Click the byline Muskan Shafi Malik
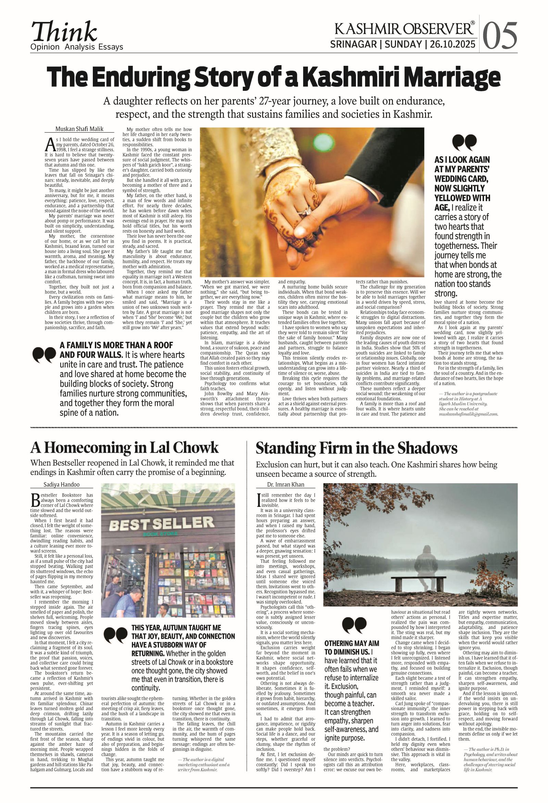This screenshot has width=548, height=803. point(79,129)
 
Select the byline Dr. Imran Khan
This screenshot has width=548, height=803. point(286,485)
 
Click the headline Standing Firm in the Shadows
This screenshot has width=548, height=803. point(356,448)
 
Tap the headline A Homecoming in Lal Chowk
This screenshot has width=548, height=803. point(125,448)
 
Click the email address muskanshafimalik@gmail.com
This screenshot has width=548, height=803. point(468,414)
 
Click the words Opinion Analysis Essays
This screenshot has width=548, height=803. point(77,47)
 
